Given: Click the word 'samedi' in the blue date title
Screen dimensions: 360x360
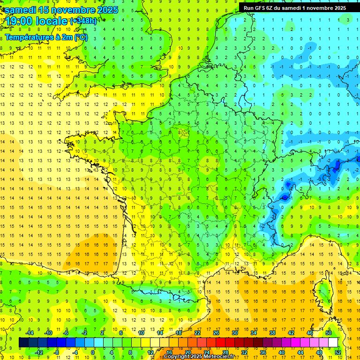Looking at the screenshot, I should (21, 9).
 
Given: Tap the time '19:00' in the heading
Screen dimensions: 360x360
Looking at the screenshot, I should (21, 21).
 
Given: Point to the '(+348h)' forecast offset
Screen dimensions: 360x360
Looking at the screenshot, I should (84, 21).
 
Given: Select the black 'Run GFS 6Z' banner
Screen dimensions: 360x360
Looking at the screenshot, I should (295, 7).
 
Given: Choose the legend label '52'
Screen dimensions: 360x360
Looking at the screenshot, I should (338, 352).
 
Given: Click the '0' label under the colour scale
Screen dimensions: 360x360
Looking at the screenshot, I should (93, 352).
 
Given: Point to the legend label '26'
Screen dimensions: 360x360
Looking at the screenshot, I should (216, 332).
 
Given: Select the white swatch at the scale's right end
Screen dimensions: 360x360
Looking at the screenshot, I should (333, 342).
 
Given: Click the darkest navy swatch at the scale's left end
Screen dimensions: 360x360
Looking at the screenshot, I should (23, 342).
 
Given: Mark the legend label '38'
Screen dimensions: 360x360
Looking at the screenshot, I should (272, 332).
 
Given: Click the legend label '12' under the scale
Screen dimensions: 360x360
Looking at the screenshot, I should (150, 352).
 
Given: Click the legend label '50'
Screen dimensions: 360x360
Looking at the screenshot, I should (329, 332).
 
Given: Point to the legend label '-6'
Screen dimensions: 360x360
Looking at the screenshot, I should (66, 332).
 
